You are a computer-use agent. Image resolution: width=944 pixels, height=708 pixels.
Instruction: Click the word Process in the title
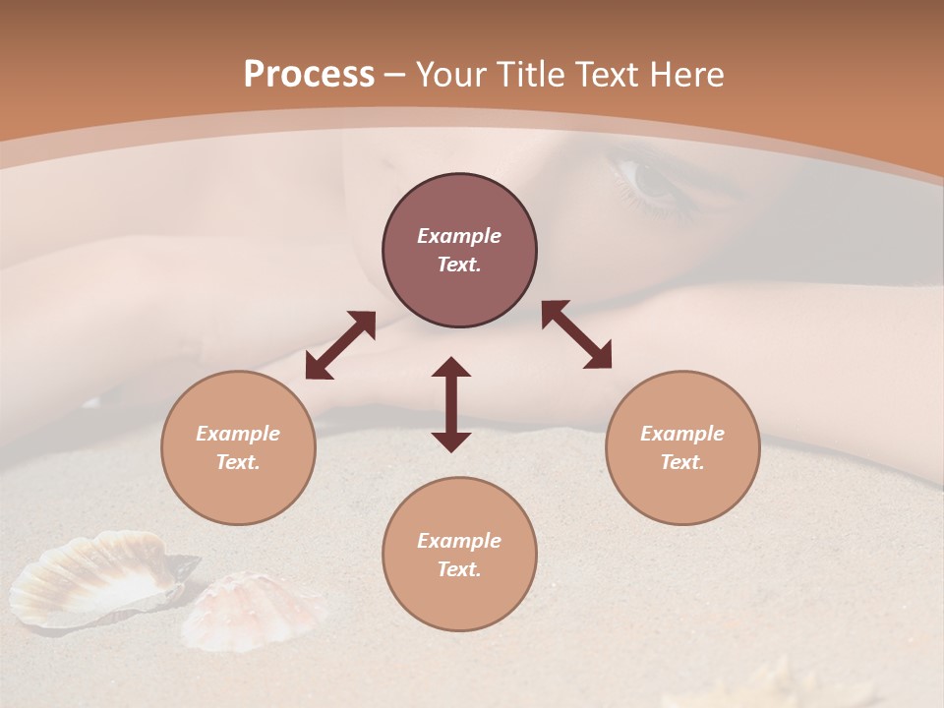pos(309,75)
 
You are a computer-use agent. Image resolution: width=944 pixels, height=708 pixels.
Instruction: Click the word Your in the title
pos(451,75)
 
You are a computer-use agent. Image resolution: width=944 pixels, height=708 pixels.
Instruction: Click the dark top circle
pos(459,251)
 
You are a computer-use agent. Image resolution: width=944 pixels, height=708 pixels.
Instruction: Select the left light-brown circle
pos(238,447)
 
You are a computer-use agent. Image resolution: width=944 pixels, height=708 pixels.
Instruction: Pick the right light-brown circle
pos(682,447)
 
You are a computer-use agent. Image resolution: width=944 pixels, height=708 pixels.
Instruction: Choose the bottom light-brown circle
pos(459,554)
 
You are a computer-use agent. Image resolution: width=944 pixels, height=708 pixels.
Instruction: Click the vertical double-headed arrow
pos(451,404)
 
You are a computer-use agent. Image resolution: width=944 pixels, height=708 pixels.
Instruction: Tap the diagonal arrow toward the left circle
pos(340,345)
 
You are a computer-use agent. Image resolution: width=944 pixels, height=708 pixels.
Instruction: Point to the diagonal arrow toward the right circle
pos(576,334)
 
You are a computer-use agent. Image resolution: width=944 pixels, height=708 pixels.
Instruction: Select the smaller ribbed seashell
pos(256,610)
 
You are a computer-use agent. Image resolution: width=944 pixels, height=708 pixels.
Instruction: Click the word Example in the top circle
pos(459,236)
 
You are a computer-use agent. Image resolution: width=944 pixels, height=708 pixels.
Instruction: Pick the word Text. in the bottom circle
pos(459,569)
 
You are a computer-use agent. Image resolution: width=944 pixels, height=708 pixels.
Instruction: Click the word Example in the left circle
pos(238,434)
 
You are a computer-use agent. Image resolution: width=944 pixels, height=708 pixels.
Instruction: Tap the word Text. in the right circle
pos(682,462)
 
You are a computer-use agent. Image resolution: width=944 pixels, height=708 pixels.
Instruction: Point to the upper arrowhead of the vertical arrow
pos(451,369)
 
